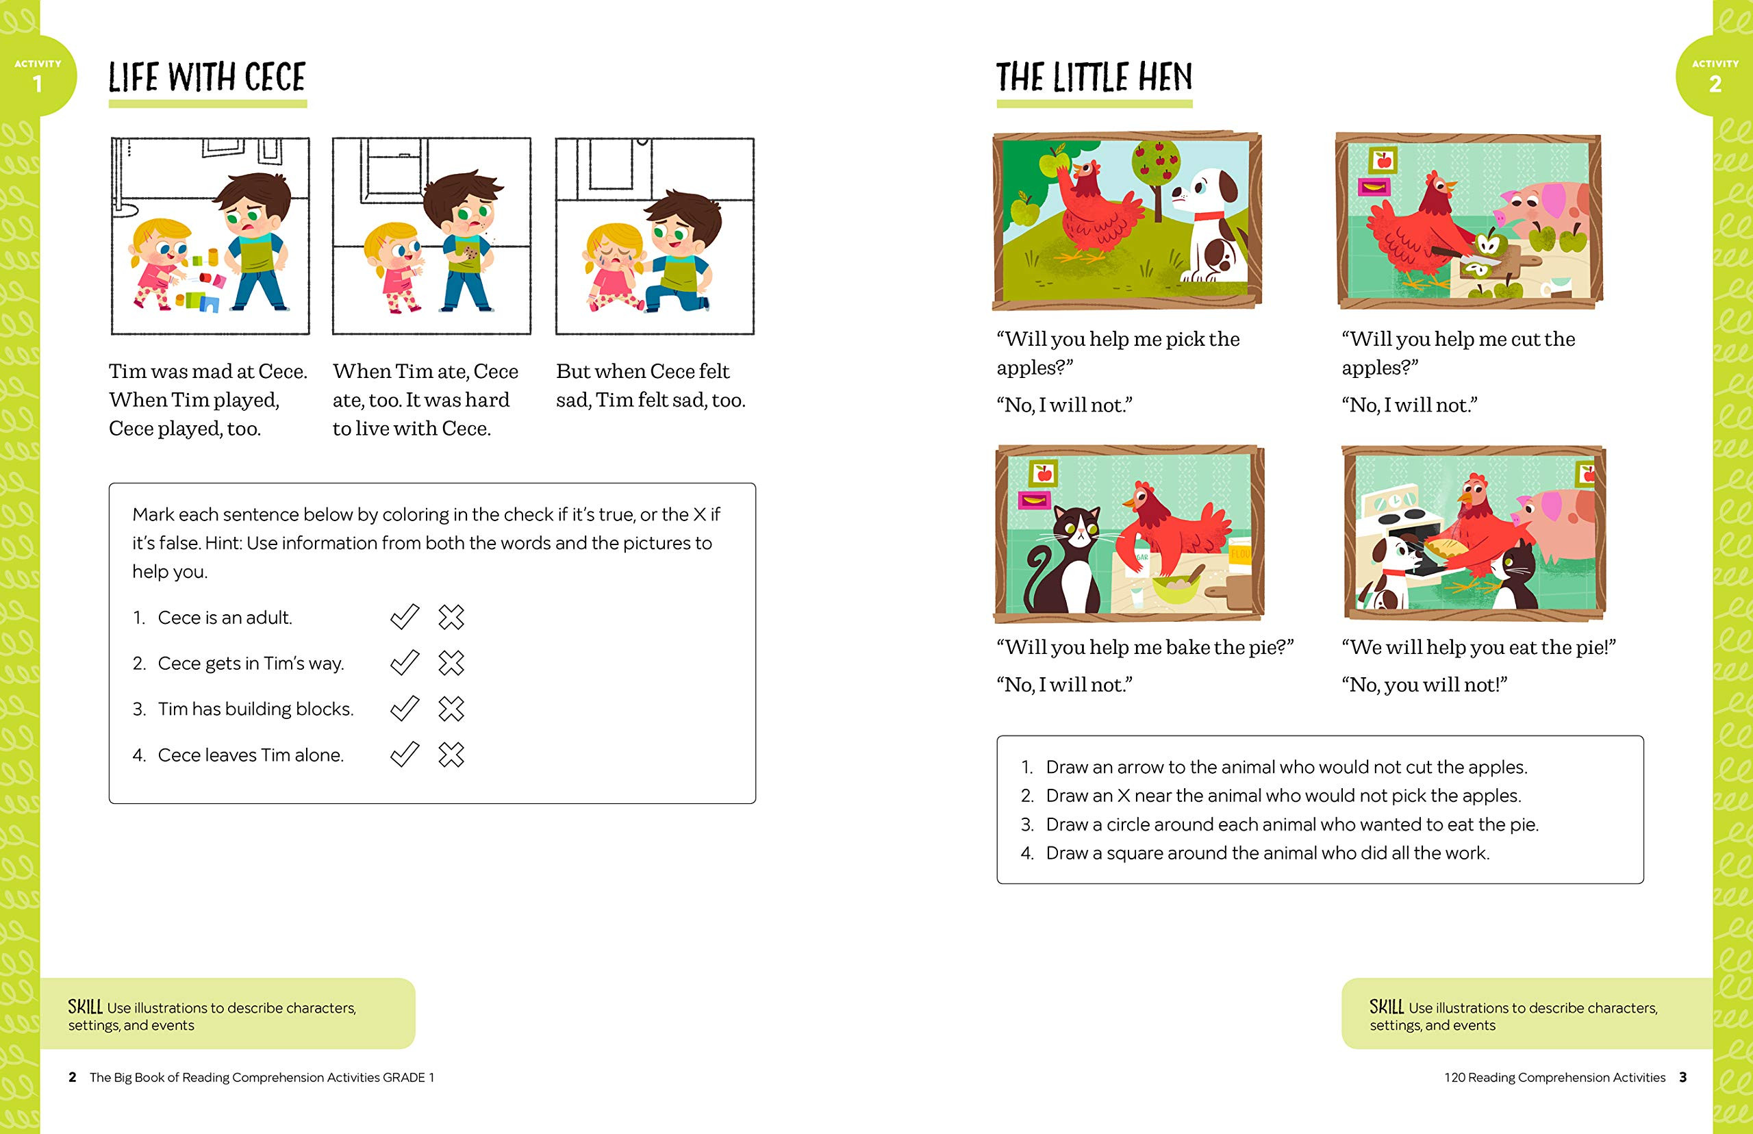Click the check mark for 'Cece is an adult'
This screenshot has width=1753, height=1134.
tap(404, 617)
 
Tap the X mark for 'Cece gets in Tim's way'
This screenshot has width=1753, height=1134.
tap(451, 663)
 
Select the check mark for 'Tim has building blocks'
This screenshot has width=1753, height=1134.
tap(404, 708)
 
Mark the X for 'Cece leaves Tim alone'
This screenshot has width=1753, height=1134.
tap(451, 755)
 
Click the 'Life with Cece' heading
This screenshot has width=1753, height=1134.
tap(207, 77)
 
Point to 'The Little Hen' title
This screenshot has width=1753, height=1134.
tap(1094, 77)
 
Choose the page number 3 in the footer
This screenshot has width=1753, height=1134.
tap(1683, 1077)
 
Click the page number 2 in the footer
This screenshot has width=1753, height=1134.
tap(72, 1077)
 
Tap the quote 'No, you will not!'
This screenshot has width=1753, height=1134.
tap(1424, 685)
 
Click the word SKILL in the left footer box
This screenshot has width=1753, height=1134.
tap(86, 1007)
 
